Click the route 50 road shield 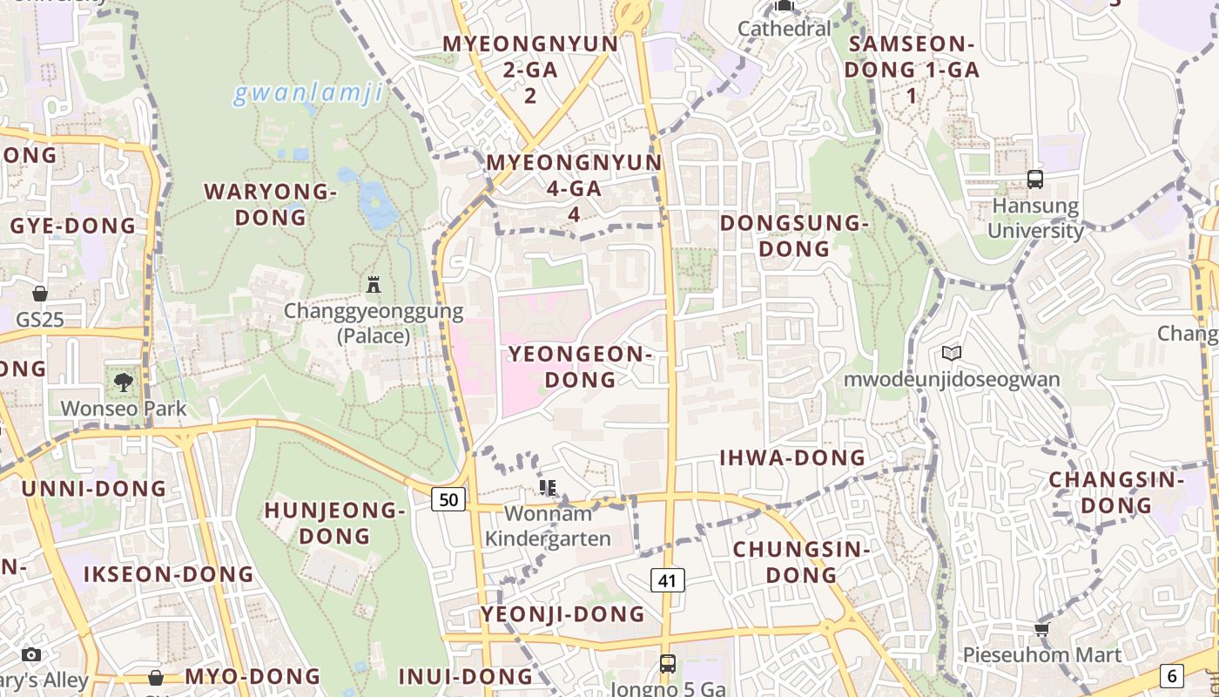coord(448,499)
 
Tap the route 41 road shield coord(668,579)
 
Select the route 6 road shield coord(1171,675)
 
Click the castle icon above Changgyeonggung coord(374,284)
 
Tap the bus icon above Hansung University coord(1034,179)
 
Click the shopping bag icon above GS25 coord(40,293)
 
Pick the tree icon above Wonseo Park coord(123,381)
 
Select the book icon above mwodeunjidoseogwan coord(952,353)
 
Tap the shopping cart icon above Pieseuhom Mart coord(1041,629)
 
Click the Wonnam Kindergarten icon coord(548,487)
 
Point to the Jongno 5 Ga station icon coord(667,663)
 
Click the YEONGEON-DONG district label coord(580,367)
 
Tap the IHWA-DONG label coord(792,457)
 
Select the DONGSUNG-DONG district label coord(794,236)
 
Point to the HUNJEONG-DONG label coord(335,523)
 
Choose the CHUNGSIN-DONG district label coord(801,562)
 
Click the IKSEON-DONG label coord(169,574)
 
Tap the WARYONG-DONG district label coord(270,204)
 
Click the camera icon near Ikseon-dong coord(31,654)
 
